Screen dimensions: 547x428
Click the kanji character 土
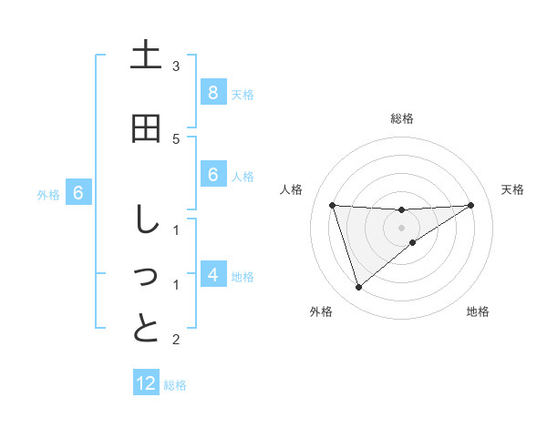146,56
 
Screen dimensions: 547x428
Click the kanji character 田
146,128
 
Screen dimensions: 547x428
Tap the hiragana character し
146,221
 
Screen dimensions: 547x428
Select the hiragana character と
146,328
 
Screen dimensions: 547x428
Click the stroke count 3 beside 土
176,66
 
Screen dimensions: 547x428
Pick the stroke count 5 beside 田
176,138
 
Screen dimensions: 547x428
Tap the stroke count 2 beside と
176,340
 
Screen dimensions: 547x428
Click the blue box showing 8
212,93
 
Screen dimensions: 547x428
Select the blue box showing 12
146,383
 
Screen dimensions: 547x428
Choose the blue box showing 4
212,274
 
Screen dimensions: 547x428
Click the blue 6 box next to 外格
78,193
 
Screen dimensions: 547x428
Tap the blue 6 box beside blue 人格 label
212,175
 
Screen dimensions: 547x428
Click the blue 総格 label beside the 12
175,385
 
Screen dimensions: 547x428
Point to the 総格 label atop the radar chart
401,118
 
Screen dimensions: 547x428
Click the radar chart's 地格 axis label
478,311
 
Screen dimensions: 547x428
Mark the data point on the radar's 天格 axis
470,205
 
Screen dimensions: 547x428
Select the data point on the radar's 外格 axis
358,288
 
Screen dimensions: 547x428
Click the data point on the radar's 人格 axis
332,205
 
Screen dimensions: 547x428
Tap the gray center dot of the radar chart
401,228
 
